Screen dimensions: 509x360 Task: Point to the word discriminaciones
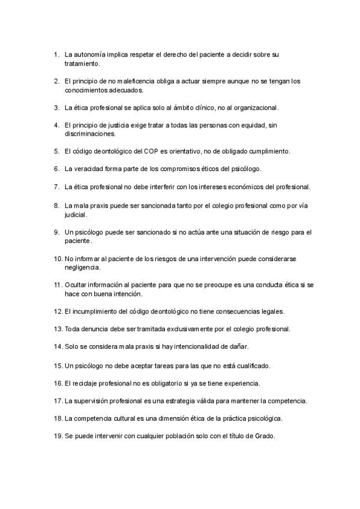point(90,134)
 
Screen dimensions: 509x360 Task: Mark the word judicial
point(76,214)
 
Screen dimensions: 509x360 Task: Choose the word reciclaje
point(87,382)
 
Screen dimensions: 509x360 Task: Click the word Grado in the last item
point(263,436)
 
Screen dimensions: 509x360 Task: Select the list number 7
point(56,187)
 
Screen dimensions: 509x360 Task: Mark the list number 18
point(58,418)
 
